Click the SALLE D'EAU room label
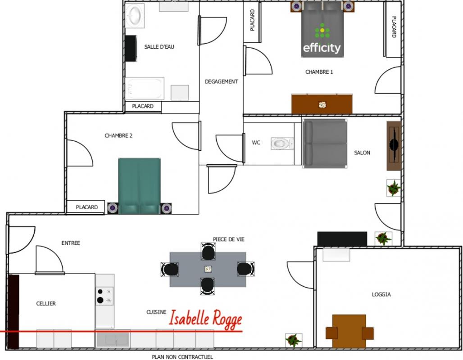[x=159, y=47]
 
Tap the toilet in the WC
[x=282, y=144]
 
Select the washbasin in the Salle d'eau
[x=135, y=16]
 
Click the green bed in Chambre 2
[x=139, y=186]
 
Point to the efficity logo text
[x=322, y=48]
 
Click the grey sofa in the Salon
[x=325, y=144]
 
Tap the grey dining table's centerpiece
[x=208, y=269]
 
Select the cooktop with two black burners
[x=104, y=296]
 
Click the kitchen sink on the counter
[x=113, y=339]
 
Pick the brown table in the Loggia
[x=350, y=331]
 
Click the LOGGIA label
[x=381, y=294]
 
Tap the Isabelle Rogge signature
[x=205, y=319]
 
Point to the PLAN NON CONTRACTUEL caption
[x=182, y=357]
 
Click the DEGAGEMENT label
[x=221, y=81]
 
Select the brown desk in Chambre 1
[x=322, y=104]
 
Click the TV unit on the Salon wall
[x=394, y=146]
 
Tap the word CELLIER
[x=46, y=303]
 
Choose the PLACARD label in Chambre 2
[x=86, y=207]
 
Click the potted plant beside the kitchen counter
[x=294, y=340]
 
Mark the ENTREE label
[x=71, y=243]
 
